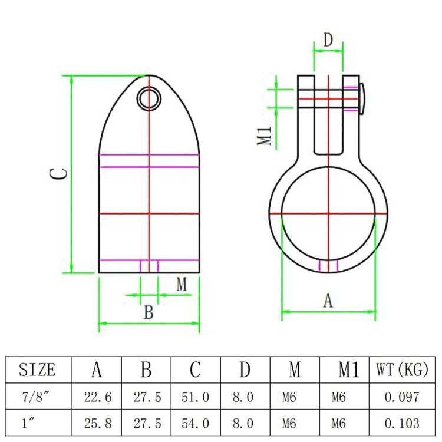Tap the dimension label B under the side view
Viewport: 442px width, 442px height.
coord(149,312)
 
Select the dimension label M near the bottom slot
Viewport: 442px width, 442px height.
coord(182,285)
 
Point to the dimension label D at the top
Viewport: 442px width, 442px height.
coord(328,41)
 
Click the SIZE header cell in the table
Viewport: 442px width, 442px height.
coord(38,370)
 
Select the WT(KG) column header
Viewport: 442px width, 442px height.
coord(402,370)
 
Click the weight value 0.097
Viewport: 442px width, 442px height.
coord(402,398)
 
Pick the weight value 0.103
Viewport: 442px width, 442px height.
coord(402,423)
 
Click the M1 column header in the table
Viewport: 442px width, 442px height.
coord(348,370)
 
